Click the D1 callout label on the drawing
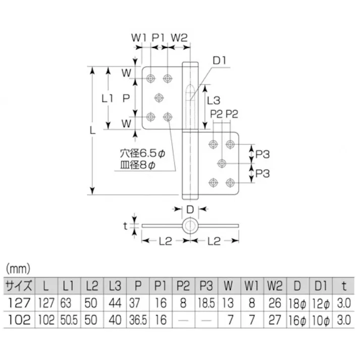(219, 61)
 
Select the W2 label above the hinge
(179, 37)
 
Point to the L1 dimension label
(107, 98)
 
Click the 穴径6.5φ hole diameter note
(143, 151)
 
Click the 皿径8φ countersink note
(138, 165)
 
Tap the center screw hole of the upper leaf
(159, 97)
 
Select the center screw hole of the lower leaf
(222, 163)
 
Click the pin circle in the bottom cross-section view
(190, 226)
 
